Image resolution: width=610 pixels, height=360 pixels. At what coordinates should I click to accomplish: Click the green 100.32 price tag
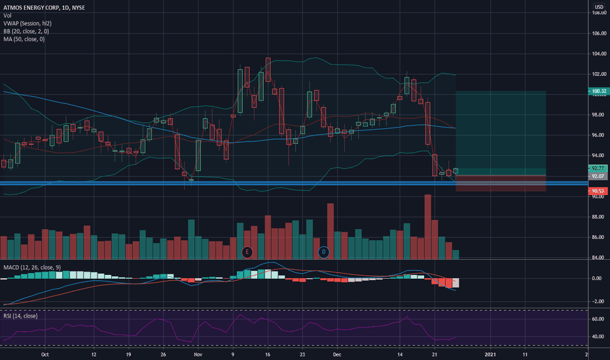tap(599, 92)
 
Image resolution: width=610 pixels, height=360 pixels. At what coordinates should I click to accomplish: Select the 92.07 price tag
tap(599, 176)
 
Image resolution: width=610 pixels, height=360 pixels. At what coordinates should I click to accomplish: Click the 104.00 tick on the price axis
tap(599, 54)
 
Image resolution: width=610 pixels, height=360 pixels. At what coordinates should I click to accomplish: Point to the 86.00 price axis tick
tap(599, 237)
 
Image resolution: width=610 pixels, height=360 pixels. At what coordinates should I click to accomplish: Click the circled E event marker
tap(247, 251)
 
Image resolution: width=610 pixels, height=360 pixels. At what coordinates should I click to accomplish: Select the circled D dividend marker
tap(323, 251)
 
